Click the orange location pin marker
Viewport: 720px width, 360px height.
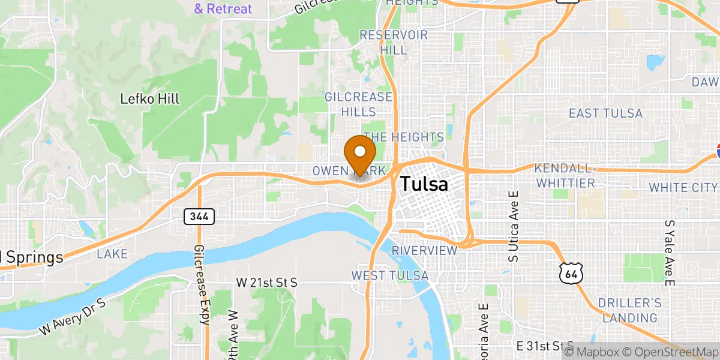point(360,154)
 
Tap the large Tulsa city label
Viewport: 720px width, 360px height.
point(424,184)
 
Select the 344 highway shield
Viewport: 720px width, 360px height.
point(199,217)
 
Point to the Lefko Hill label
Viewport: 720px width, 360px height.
point(150,98)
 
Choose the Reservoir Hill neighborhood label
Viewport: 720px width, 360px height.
point(394,43)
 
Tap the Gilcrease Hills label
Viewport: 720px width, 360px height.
point(358,104)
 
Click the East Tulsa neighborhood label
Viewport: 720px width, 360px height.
point(605,113)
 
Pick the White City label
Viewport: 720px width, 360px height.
point(683,188)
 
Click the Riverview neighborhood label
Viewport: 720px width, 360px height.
point(425,250)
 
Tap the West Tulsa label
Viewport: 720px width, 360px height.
point(390,275)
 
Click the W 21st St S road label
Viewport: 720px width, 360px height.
point(267,281)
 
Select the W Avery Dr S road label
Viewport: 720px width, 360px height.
point(73,316)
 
